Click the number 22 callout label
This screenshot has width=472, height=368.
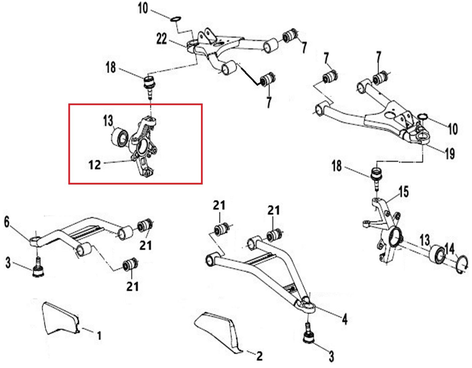[161, 39]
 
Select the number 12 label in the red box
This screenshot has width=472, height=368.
[95, 165]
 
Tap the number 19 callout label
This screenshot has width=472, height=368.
[450, 153]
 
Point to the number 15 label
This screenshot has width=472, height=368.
[403, 192]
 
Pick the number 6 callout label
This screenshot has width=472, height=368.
[7, 222]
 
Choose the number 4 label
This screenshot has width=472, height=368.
[344, 319]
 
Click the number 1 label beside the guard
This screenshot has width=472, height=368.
[99, 335]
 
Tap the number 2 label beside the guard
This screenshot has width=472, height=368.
[259, 356]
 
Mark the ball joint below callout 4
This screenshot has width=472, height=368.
[309, 335]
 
